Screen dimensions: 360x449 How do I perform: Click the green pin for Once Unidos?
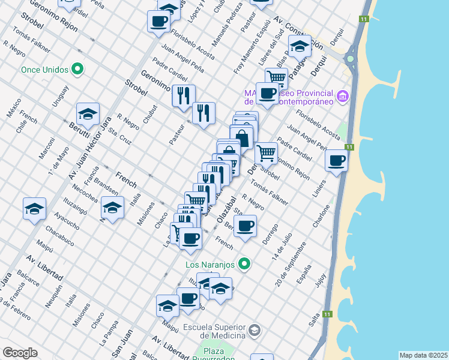[77, 70]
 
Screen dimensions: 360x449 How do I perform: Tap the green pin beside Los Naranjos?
[244, 263]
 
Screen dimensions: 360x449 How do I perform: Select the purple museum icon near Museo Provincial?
[343, 95]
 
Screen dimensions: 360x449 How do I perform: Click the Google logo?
[20, 353]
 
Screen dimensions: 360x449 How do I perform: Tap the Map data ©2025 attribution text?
[423, 355]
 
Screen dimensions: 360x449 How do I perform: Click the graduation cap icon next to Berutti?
[88, 113]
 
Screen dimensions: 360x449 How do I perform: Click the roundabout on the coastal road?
[350, 59]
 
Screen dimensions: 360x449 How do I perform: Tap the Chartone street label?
[321, 219]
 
